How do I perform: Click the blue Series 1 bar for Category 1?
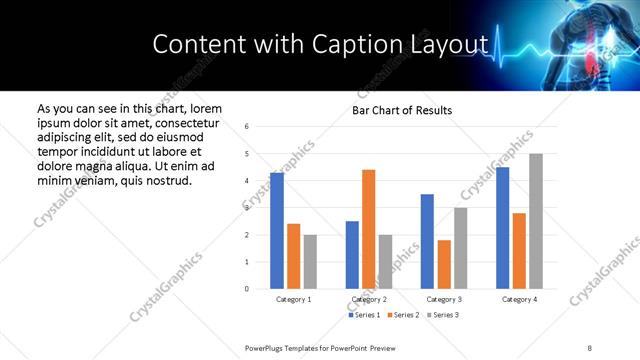click(x=277, y=231)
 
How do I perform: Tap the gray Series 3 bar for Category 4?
click(x=536, y=221)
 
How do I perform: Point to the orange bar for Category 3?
click(x=444, y=264)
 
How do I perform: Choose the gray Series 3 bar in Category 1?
click(x=310, y=262)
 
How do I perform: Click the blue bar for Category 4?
click(x=503, y=228)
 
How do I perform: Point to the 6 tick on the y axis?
click(x=247, y=127)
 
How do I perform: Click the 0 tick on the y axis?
click(x=247, y=289)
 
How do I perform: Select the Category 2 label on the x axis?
click(x=369, y=299)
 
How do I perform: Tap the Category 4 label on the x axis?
click(x=519, y=299)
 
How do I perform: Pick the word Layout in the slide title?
click(x=454, y=44)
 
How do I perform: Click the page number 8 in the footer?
click(x=590, y=347)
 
